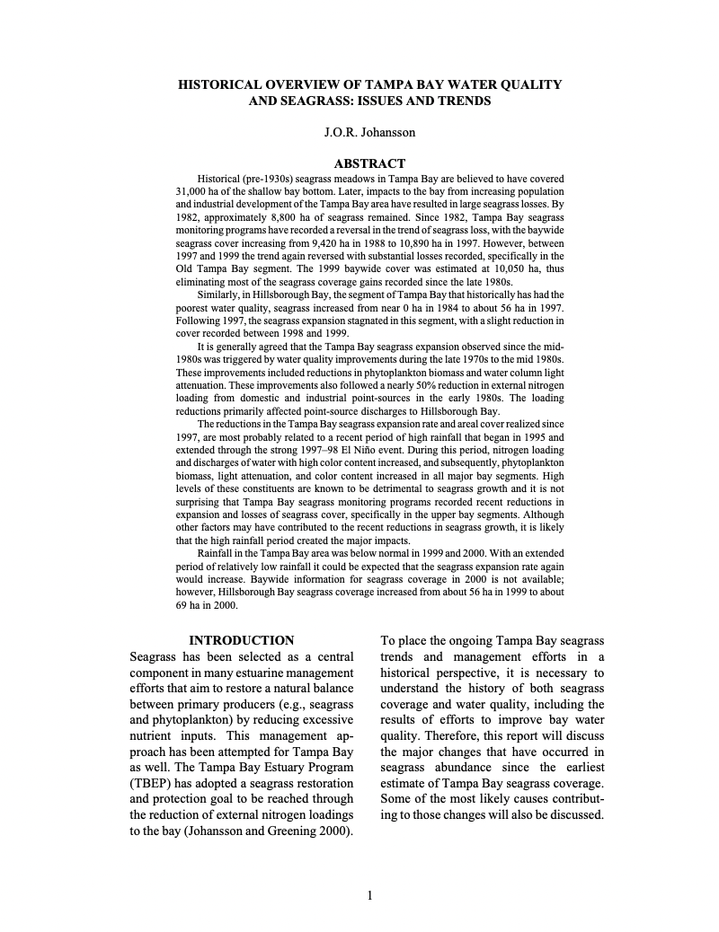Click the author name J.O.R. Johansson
pyautogui.click(x=369, y=133)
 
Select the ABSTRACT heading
pyautogui.click(x=369, y=163)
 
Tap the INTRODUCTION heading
pyautogui.click(x=241, y=640)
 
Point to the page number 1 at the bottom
pyautogui.click(x=369, y=894)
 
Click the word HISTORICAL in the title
pyautogui.click(x=220, y=84)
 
